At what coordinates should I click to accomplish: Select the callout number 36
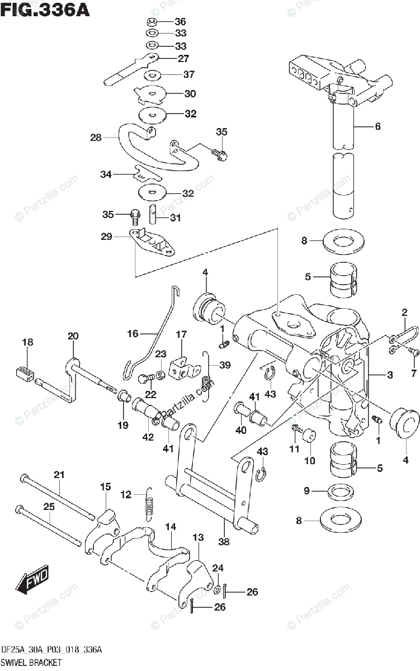pyautogui.click(x=180, y=22)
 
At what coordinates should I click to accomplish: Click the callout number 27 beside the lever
pyautogui.click(x=183, y=58)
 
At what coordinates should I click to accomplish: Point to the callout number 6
pyautogui.click(x=377, y=126)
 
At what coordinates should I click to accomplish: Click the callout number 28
pyautogui.click(x=95, y=137)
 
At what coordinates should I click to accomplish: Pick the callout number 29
pyautogui.click(x=106, y=237)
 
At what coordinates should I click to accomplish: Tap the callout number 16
pyautogui.click(x=132, y=333)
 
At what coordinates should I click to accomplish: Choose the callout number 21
pyautogui.click(x=59, y=475)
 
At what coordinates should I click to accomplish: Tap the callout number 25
pyautogui.click(x=49, y=506)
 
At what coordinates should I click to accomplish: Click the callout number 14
pyautogui.click(x=171, y=526)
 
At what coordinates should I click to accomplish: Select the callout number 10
pyautogui.click(x=309, y=461)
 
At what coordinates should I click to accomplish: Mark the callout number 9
pyautogui.click(x=306, y=492)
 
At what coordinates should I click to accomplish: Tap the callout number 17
pyautogui.click(x=181, y=334)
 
